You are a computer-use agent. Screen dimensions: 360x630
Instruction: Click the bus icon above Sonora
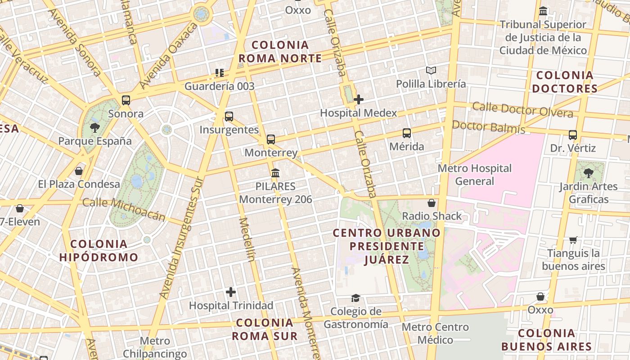[126, 100]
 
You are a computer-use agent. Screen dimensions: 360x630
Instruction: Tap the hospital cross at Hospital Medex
[359, 99]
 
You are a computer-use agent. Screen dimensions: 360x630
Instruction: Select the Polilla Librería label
[431, 84]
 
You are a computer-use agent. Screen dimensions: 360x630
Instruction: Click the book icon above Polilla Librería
[431, 70]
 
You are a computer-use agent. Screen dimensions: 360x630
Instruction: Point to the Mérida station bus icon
[407, 133]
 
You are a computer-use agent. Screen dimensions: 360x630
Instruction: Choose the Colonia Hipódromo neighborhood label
[99, 251]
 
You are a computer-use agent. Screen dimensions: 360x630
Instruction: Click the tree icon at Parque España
[94, 128]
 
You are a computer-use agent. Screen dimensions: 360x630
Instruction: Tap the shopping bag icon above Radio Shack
[432, 203]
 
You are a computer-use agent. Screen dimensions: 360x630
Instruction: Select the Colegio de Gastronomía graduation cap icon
[355, 298]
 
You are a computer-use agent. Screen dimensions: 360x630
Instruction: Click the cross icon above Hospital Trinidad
[231, 292]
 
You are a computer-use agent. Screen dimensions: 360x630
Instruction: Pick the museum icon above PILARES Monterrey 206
[275, 173]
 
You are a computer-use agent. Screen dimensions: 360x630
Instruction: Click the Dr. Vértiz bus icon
[573, 135]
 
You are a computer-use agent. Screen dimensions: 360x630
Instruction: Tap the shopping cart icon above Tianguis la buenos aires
[573, 240]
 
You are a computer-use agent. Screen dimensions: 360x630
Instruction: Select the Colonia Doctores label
[565, 81]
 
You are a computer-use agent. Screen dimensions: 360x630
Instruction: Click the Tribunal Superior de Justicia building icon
[543, 11]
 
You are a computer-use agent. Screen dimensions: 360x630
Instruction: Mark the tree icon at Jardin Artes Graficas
[588, 173]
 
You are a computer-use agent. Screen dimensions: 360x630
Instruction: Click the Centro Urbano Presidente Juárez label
[387, 246]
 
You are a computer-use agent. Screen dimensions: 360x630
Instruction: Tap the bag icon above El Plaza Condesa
[79, 171]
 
